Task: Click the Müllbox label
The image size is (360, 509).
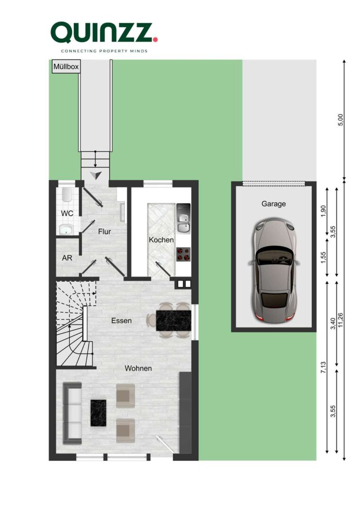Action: click(x=65, y=67)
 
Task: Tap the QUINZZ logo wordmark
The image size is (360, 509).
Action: click(x=101, y=32)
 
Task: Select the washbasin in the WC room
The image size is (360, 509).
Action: click(x=66, y=230)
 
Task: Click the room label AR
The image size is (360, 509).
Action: click(x=66, y=258)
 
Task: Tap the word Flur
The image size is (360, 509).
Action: click(x=104, y=231)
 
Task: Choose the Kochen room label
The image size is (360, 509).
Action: click(x=161, y=239)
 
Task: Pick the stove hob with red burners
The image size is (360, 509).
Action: click(x=183, y=254)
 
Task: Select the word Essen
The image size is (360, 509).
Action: click(x=121, y=320)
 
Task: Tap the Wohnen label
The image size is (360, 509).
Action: click(x=138, y=368)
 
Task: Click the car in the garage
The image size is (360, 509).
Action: click(x=273, y=271)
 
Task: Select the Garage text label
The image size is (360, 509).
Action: click(x=273, y=204)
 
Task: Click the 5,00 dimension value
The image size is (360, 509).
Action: click(x=341, y=120)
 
